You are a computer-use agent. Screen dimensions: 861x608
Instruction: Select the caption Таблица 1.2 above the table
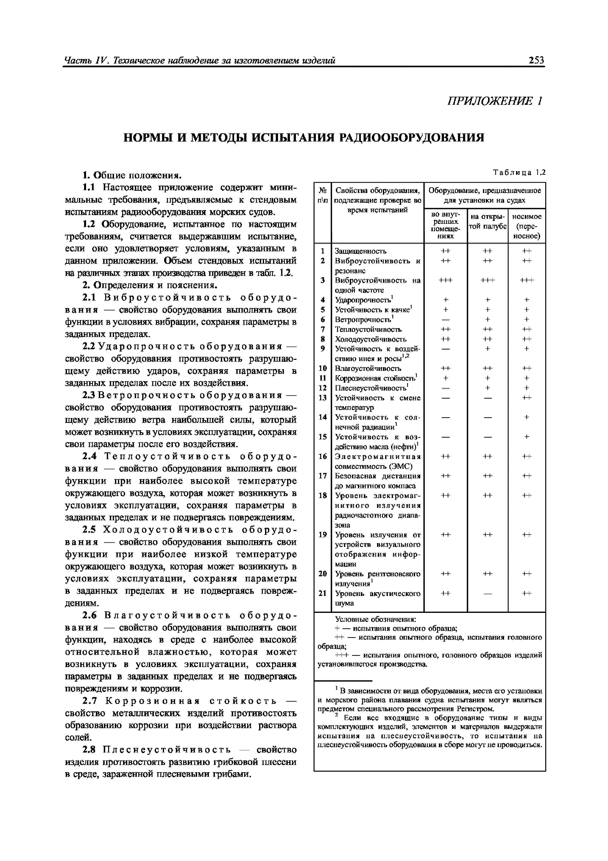[x=519, y=173]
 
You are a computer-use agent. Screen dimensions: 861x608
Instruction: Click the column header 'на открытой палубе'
[x=487, y=222]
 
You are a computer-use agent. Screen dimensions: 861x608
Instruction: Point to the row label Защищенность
[x=360, y=251]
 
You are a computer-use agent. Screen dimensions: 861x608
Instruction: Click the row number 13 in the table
[x=323, y=398]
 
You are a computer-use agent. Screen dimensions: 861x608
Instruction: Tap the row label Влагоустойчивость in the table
[x=368, y=368]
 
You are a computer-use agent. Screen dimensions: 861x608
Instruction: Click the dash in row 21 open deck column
[x=487, y=593]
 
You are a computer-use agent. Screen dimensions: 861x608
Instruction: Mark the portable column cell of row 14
[x=526, y=417]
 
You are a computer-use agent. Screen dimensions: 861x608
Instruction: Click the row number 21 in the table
[x=323, y=593]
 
